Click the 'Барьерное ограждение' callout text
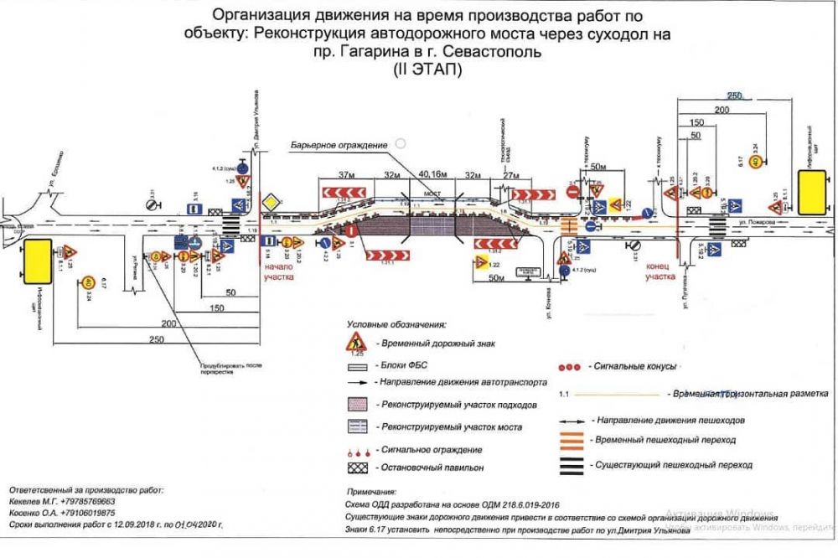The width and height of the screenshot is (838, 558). (x=339, y=145)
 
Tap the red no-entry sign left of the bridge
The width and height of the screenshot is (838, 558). (x=353, y=229)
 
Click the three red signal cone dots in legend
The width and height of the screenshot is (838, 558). (x=569, y=367)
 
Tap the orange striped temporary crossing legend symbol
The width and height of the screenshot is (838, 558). (x=572, y=439)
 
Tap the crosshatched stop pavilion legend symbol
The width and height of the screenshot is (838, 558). (x=358, y=465)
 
